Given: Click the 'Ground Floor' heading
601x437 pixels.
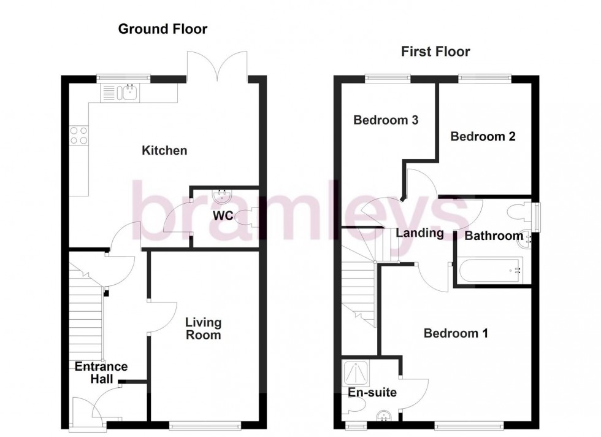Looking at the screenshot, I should tap(163, 29).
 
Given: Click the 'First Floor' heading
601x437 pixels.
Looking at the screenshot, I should tap(435, 52).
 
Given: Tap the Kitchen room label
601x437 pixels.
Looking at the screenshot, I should tap(164, 150).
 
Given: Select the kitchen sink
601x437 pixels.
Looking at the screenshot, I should tap(129, 93).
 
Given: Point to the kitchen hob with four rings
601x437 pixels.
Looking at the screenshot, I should tap(78, 135).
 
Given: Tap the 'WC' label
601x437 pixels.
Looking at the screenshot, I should tap(223, 216).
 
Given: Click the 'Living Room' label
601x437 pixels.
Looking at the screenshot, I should tap(204, 328).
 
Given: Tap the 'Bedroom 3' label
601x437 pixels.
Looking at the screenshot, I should tap(386, 120).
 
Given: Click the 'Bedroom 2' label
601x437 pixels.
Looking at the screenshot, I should tap(483, 136).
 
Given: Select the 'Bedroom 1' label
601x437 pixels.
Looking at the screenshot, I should tap(456, 333).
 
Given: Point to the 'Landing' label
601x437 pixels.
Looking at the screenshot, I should tap(419, 233).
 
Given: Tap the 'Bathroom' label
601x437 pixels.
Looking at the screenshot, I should tap(494, 236).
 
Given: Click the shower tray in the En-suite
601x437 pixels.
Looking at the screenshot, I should tap(354, 372).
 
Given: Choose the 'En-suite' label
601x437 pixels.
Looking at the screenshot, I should tap(372, 393).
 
